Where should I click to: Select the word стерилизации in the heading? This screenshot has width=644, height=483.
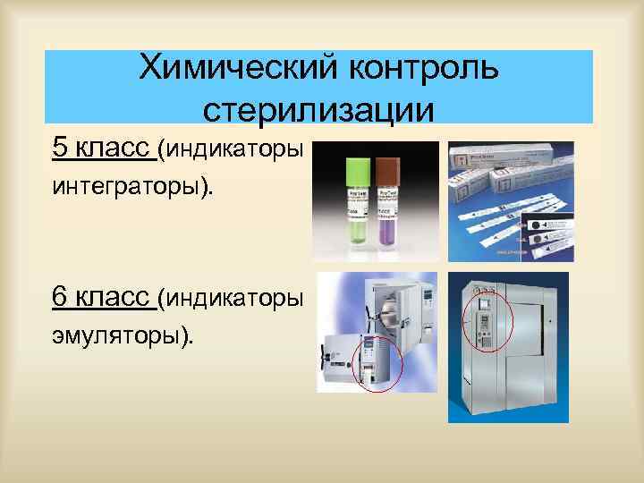point(318,109)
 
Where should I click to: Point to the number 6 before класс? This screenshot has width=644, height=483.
point(59,296)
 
